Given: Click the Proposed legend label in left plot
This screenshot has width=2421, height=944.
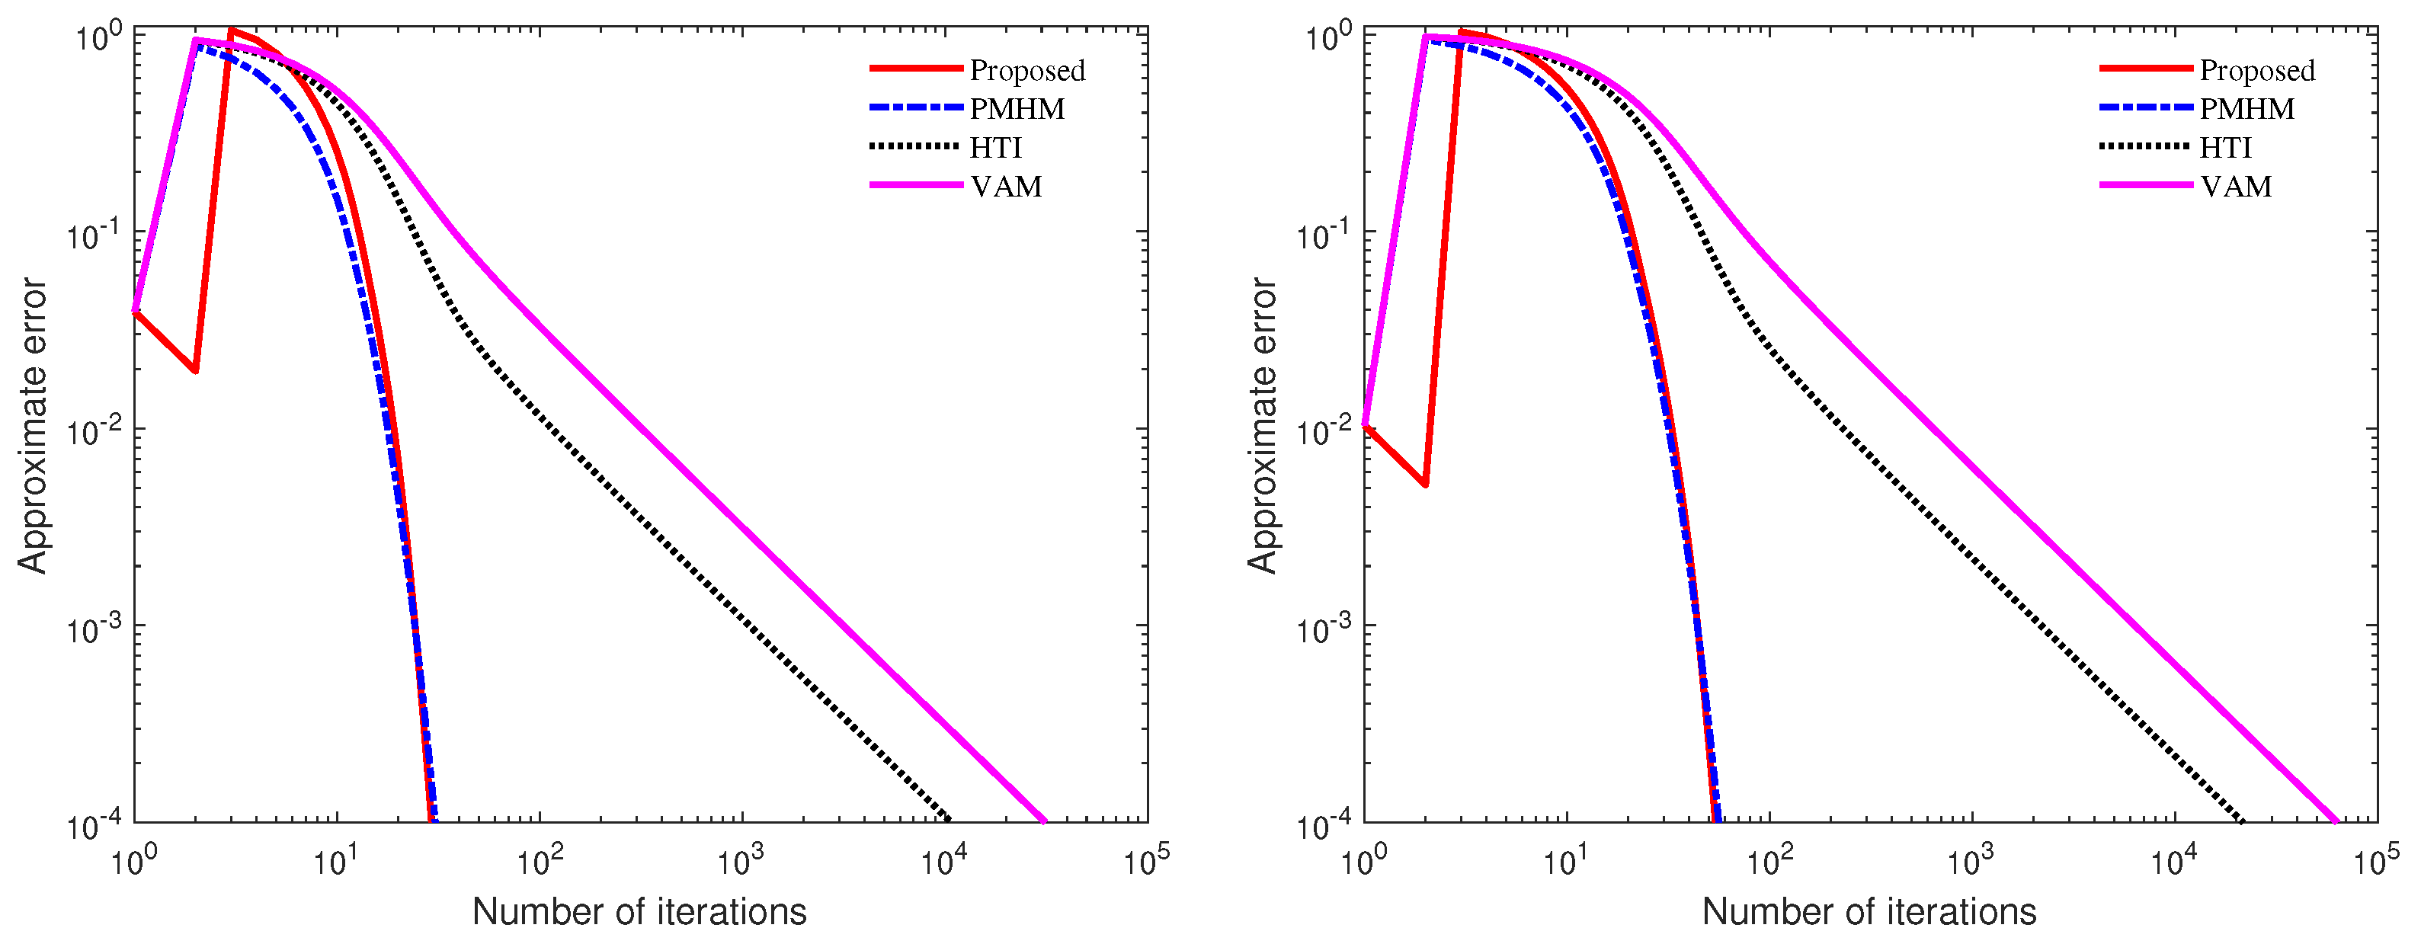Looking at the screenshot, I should pyautogui.click(x=1027, y=70).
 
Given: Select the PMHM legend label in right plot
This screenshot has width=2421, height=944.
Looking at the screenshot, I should pyautogui.click(x=2246, y=109).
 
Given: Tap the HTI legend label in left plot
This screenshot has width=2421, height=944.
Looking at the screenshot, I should pyautogui.click(x=995, y=148).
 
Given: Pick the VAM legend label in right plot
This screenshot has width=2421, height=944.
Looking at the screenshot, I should pyautogui.click(x=2235, y=186).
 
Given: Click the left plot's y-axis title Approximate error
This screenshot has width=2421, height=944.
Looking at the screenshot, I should pyautogui.click(x=32, y=424).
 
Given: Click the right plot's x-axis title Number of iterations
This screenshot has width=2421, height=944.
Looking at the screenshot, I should pyautogui.click(x=1869, y=911).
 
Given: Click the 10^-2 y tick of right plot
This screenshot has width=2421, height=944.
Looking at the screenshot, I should pyautogui.click(x=1325, y=431).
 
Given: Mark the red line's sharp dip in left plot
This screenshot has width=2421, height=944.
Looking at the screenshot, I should pyautogui.click(x=196, y=371).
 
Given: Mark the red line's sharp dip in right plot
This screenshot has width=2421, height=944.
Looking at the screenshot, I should pyautogui.click(x=1426, y=485).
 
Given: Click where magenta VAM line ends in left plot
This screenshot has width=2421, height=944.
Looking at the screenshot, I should pyautogui.click(x=1044, y=821).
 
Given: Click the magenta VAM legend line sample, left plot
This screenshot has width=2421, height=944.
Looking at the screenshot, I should pyautogui.click(x=915, y=186).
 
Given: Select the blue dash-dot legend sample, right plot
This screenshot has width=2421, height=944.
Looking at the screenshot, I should pyautogui.click(x=2146, y=109).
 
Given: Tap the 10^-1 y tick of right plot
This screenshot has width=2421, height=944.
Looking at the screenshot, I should pyautogui.click(x=1325, y=234).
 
